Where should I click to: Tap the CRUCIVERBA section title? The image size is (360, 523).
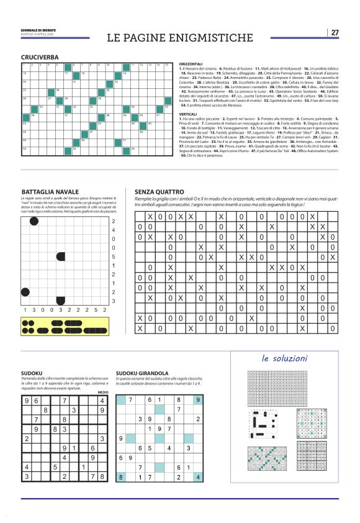40,57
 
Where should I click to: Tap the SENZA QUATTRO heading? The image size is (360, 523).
159,191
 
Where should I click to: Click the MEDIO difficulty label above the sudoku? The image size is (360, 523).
103,393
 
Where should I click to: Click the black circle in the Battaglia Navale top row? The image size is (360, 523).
35,222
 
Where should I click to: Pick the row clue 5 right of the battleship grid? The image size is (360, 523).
113,257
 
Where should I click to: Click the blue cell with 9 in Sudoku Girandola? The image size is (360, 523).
197,401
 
